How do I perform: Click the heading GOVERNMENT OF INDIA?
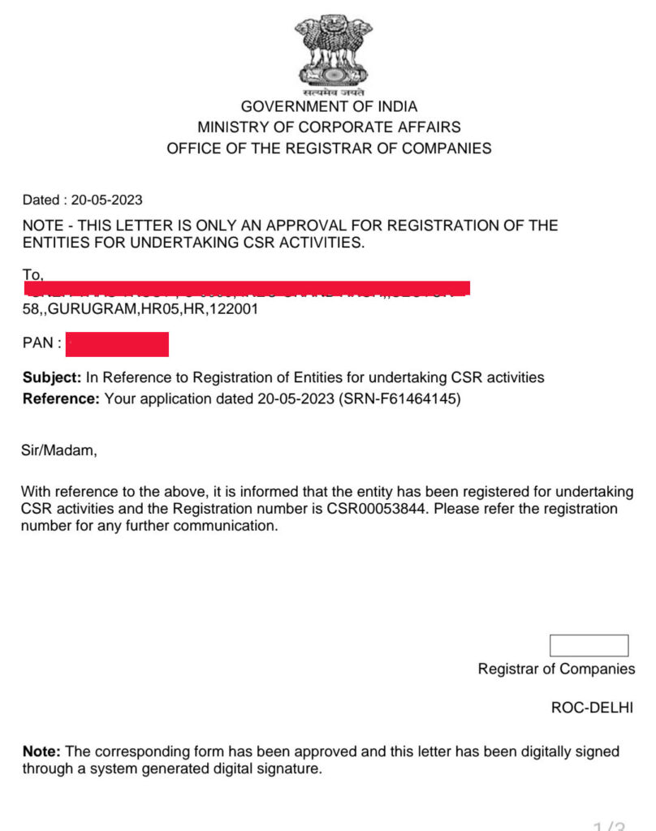tap(329, 106)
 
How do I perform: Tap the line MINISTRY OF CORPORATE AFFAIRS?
tap(329, 127)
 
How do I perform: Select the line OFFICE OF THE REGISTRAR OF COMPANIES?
tap(329, 149)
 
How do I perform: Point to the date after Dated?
tap(106, 200)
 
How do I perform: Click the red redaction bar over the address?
tap(247, 288)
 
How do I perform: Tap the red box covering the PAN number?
tap(117, 344)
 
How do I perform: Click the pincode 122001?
tap(234, 309)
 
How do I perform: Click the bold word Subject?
tap(52, 378)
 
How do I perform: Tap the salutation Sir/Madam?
tap(58, 450)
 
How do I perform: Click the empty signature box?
tap(589, 646)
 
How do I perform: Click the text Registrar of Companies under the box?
tap(556, 670)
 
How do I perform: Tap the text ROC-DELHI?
tap(592, 708)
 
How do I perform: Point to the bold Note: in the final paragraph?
tap(41, 752)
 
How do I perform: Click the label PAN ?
tap(42, 344)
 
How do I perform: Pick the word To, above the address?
tap(33, 276)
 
